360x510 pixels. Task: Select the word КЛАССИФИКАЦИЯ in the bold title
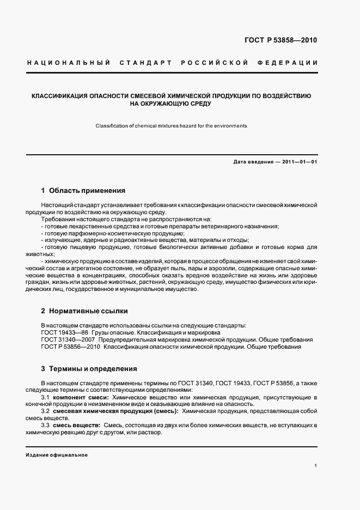[x=63, y=95]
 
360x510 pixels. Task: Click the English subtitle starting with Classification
[x=171, y=126]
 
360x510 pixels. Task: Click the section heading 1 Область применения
[x=83, y=191]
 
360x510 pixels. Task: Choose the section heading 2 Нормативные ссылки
[x=84, y=311]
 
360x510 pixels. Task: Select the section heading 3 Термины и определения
[x=89, y=369]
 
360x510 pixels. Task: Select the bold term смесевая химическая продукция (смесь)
[x=117, y=411]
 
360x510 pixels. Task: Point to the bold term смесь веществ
[x=78, y=424]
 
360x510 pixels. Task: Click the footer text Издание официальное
[x=57, y=454]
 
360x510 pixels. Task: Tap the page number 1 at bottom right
[x=316, y=466]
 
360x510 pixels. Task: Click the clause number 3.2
[x=46, y=411]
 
